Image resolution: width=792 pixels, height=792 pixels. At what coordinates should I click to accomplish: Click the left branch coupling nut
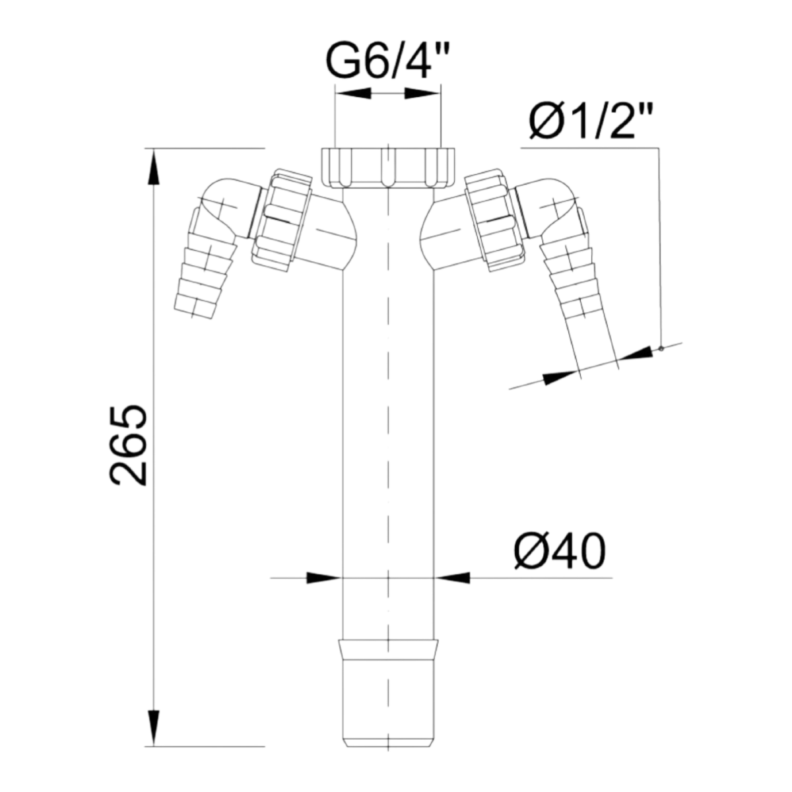[280, 221]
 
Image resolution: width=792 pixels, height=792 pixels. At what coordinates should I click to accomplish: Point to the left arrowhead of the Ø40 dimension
[321, 578]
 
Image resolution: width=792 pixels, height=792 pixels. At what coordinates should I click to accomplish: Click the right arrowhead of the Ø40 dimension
[454, 578]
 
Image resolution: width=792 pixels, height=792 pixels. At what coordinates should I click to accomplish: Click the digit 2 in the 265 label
[128, 474]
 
